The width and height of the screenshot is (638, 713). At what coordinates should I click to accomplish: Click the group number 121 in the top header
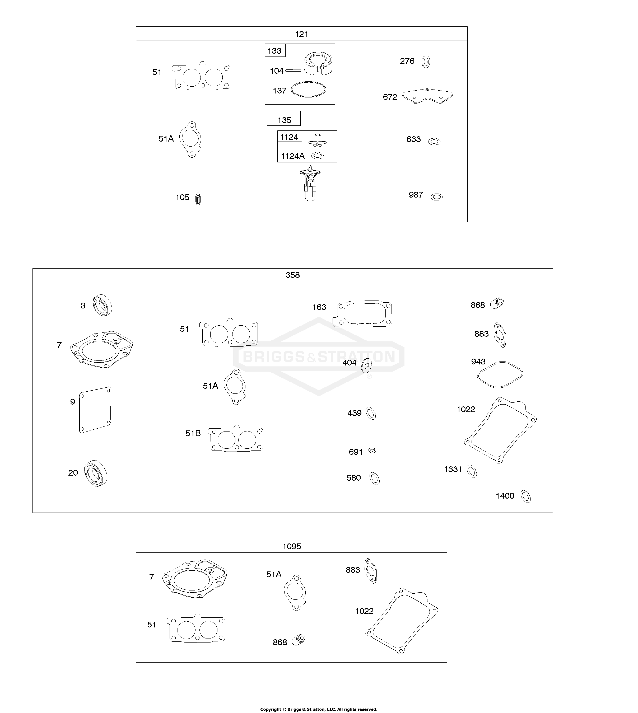[x=301, y=34]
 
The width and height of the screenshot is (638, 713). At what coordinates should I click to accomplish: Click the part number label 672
[x=390, y=97]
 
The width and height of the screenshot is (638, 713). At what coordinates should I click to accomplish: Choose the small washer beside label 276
[x=426, y=62]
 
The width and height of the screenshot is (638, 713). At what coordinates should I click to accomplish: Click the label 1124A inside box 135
[x=293, y=156]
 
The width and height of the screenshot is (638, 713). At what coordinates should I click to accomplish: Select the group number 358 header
[x=292, y=275]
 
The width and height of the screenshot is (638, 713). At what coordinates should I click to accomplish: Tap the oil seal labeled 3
[x=102, y=305]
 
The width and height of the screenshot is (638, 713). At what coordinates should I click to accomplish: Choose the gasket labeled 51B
[x=236, y=438]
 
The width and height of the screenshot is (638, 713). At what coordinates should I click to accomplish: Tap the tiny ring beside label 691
[x=372, y=450]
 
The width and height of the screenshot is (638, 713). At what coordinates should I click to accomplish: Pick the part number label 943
[x=478, y=362]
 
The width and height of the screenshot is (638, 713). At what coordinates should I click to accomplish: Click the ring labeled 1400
[x=526, y=496]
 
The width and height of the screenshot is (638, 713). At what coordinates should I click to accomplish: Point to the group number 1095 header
[x=292, y=546]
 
